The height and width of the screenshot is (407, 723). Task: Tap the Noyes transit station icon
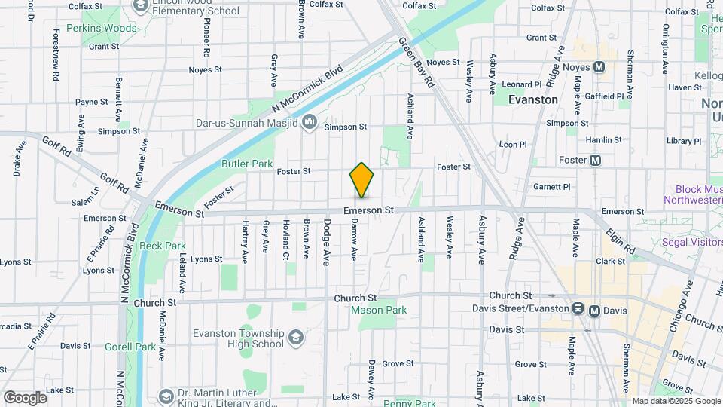pos(599,67)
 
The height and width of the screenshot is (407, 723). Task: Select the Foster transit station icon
pos(595,160)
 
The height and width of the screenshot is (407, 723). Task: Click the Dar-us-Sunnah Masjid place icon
pos(310,123)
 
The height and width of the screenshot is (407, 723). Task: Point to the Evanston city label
pos(533,99)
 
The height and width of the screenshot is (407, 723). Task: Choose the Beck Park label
pos(163,246)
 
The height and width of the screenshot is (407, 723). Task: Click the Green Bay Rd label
pos(416,60)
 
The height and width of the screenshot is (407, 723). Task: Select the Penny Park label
pos(404,403)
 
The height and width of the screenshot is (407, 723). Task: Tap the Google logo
pos(25,397)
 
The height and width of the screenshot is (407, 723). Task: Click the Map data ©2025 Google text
pos(676,401)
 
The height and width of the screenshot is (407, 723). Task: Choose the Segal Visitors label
pos(691,242)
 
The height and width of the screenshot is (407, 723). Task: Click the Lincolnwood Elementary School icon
pos(140,6)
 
